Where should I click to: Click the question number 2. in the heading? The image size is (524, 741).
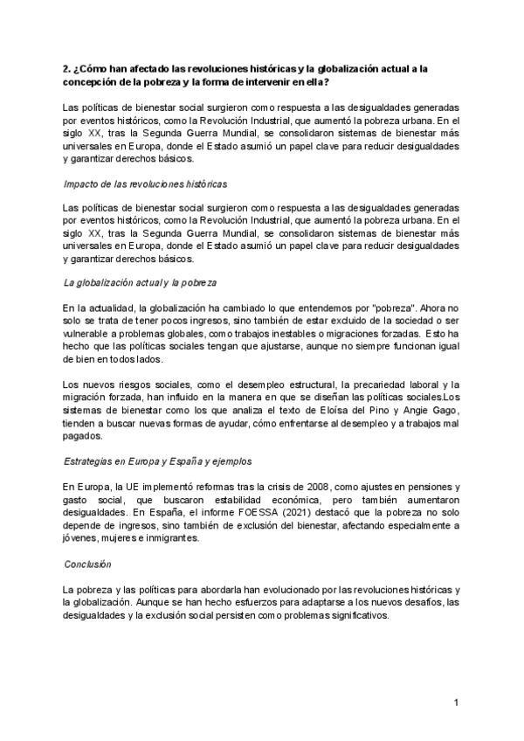(68, 68)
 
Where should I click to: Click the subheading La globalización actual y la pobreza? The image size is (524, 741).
(140, 284)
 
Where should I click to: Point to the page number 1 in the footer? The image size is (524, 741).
(456, 703)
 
